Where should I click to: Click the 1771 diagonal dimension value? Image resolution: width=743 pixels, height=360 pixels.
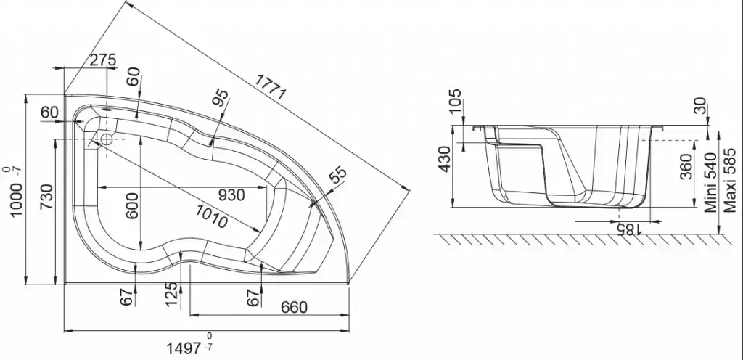click(x=270, y=88)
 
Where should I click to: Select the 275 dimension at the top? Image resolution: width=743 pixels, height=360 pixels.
click(x=103, y=60)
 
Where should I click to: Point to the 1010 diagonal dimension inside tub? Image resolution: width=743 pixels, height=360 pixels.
click(x=211, y=216)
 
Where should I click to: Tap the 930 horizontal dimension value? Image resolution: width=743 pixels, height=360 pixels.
click(x=231, y=195)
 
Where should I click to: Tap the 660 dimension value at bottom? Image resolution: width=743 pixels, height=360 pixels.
click(x=295, y=308)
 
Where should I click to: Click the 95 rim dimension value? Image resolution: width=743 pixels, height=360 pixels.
click(x=221, y=99)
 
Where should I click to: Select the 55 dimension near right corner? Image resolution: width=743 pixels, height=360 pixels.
click(x=338, y=176)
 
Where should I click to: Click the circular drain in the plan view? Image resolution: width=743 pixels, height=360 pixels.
click(x=106, y=139)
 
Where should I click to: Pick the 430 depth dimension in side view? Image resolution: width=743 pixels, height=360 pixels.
click(x=446, y=159)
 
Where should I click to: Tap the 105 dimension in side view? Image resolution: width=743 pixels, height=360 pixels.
click(x=454, y=102)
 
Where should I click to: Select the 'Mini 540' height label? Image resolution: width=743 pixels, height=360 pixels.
click(x=710, y=182)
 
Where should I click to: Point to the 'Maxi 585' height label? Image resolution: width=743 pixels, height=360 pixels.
click(x=730, y=180)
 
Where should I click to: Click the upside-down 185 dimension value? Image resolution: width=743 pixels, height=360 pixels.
click(x=628, y=230)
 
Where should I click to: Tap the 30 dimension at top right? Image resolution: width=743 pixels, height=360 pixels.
click(x=699, y=106)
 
